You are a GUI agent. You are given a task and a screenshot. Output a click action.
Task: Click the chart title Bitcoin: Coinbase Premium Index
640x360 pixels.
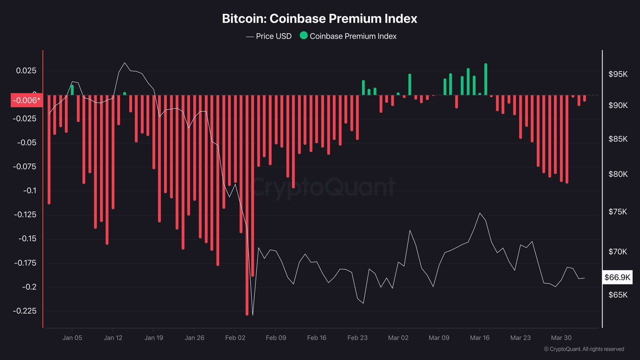(x=319, y=19)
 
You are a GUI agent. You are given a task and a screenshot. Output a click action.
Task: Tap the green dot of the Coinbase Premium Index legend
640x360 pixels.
(x=303, y=36)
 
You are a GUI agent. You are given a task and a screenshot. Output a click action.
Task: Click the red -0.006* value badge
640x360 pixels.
(x=27, y=100)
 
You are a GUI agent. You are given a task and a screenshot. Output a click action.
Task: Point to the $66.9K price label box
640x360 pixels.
(x=617, y=277)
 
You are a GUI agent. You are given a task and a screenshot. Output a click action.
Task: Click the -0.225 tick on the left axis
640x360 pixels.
(x=25, y=311)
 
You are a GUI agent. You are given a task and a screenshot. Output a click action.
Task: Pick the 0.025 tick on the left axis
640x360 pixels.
(x=26, y=71)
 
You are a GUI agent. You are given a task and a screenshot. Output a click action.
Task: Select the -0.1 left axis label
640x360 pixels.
(x=30, y=191)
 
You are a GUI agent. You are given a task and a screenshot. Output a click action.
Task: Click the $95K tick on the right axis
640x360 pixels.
(x=618, y=74)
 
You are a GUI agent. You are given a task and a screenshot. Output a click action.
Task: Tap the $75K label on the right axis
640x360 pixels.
(x=617, y=212)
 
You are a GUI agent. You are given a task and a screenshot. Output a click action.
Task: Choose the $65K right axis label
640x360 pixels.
(x=618, y=295)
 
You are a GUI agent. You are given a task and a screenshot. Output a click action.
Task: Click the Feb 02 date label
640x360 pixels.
(x=235, y=338)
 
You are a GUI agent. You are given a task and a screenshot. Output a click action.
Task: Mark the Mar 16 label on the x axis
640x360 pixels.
(x=479, y=338)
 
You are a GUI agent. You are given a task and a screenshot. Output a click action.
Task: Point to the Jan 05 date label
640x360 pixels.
(x=72, y=338)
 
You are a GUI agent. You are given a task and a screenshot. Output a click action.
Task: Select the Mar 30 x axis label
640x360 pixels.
(x=561, y=338)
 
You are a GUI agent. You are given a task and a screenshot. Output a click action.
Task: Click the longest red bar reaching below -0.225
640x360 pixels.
(x=247, y=219)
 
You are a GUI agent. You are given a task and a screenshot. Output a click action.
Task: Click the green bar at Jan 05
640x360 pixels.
(x=72, y=90)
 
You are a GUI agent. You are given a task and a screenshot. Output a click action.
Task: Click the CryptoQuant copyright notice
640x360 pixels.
(x=584, y=349)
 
